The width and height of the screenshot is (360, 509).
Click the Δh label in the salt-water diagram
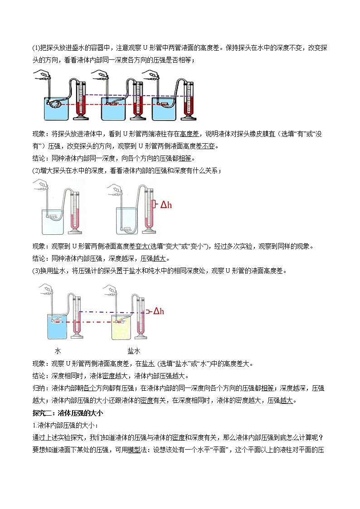tap(158, 311)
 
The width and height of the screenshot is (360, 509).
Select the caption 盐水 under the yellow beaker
tap(134, 351)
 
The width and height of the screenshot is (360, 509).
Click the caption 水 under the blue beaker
tap(58, 351)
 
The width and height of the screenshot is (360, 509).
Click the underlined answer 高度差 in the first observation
tap(187, 134)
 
